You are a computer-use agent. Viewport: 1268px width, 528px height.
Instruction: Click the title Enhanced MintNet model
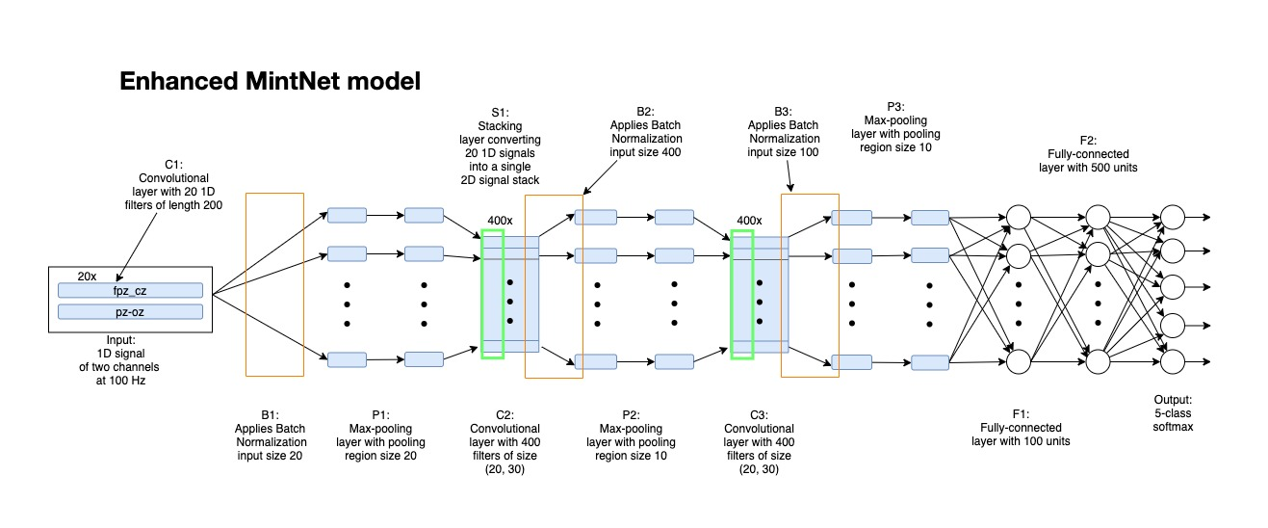(x=270, y=82)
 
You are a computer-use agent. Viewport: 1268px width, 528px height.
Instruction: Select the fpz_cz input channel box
(x=130, y=290)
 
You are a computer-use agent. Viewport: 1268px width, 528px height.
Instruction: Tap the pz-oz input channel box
(x=130, y=311)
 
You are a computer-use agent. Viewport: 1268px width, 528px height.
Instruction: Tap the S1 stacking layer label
(x=498, y=113)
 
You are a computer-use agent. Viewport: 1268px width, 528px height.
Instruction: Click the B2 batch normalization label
(x=645, y=113)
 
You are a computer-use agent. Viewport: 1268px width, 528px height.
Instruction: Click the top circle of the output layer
(x=1172, y=216)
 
